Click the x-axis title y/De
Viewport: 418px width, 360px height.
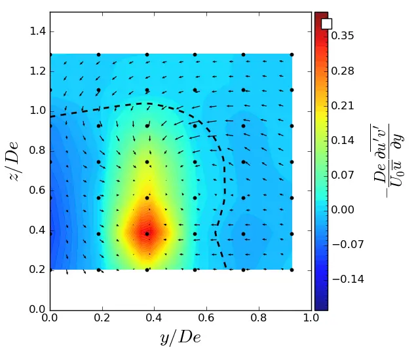[180, 337]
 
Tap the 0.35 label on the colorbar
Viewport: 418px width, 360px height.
[343, 36]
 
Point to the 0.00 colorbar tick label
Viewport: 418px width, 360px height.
[343, 209]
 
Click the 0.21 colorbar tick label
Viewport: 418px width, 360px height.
[343, 105]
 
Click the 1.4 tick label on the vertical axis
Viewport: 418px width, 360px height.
[38, 31]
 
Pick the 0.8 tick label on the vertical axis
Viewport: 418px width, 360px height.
[38, 151]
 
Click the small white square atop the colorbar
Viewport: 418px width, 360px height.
[326, 24]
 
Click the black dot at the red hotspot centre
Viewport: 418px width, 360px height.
[147, 234]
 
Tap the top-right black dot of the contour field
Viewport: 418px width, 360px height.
[292, 54]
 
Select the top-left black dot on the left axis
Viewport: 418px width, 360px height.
[50, 54]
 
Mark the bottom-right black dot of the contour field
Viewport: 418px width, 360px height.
[292, 270]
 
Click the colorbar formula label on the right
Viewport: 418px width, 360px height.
[388, 160]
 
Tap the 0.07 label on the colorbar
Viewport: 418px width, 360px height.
[343, 175]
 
